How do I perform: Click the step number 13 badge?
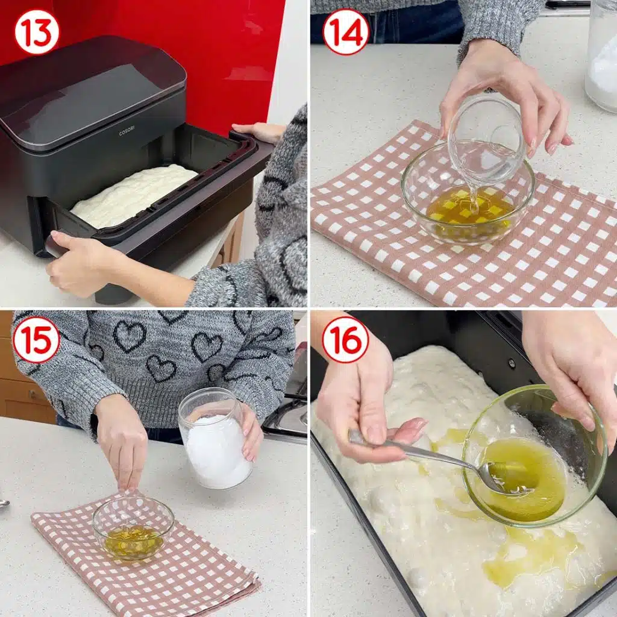click(x=37, y=31)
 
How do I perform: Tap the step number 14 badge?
click(x=345, y=31)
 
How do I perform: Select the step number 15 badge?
click(x=37, y=339)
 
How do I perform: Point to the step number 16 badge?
click(x=345, y=339)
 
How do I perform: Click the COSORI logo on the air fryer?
click(x=127, y=131)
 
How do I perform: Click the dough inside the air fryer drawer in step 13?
click(x=133, y=196)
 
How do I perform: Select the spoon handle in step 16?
click(x=416, y=452)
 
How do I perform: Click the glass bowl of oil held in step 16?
click(x=530, y=458)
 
